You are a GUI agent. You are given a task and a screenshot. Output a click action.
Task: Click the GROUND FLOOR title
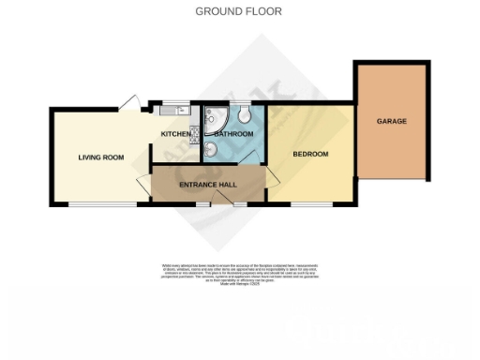pyautogui.click(x=239, y=11)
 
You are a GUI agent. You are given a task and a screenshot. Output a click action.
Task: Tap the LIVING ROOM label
pyautogui.click(x=101, y=157)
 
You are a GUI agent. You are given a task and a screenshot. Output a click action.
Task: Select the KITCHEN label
pyautogui.click(x=175, y=135)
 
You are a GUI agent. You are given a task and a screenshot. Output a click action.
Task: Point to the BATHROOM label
pyautogui.click(x=233, y=135)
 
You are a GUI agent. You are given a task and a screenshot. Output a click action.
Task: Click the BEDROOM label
pyautogui.click(x=310, y=154)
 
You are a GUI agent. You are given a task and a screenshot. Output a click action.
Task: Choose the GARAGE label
pyautogui.click(x=391, y=121)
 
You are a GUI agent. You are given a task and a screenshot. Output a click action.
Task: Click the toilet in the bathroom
pyautogui.click(x=244, y=115)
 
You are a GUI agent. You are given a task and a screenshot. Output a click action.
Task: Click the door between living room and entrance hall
pyautogui.click(x=142, y=184)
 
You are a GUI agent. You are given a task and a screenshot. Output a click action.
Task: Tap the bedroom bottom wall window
pyautogui.click(x=310, y=204)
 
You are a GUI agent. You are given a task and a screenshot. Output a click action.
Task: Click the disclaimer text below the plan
pyautogui.click(x=239, y=269)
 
